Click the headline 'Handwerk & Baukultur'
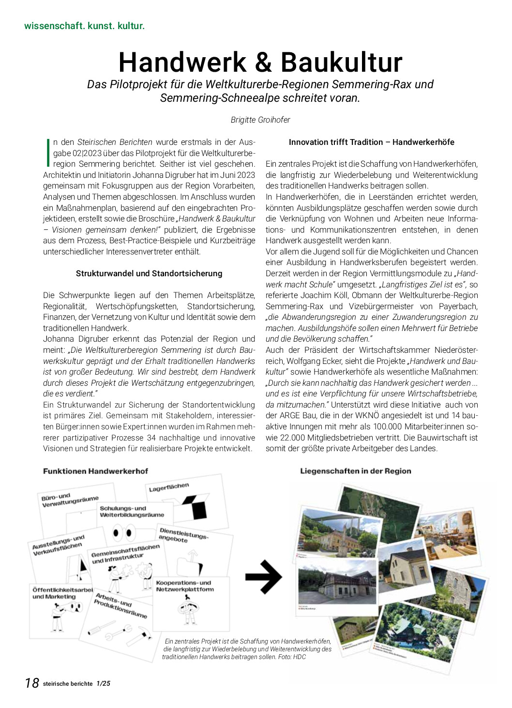(x=260, y=63)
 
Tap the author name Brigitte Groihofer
(x=260, y=120)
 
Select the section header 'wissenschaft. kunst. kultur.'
(x=84, y=26)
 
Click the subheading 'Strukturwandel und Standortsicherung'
(x=149, y=273)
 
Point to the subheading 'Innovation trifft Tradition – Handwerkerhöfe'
(x=371, y=142)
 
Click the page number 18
(x=32, y=683)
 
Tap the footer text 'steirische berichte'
(x=68, y=684)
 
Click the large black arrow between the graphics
(x=263, y=577)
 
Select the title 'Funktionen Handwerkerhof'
(x=95, y=471)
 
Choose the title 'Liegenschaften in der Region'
(x=355, y=471)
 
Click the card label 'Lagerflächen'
(x=169, y=487)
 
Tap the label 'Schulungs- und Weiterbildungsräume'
(x=132, y=512)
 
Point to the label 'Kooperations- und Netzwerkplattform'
(x=184, y=586)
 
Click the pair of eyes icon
(x=123, y=534)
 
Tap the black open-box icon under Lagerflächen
(x=196, y=506)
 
